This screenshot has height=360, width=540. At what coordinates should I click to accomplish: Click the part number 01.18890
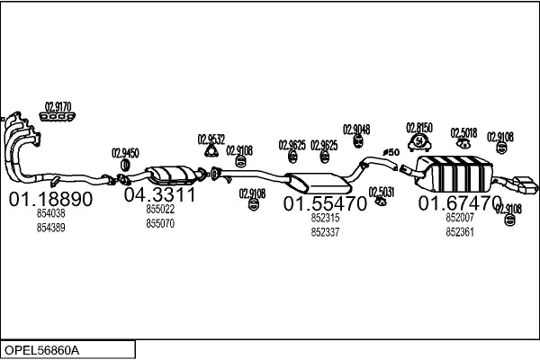coord(50,199)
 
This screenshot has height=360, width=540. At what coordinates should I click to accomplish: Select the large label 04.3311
coord(159,194)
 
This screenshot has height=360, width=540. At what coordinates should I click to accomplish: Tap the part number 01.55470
coord(325,203)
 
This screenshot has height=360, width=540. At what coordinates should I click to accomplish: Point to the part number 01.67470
coord(460,202)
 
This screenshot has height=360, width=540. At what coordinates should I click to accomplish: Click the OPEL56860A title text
coord(41,350)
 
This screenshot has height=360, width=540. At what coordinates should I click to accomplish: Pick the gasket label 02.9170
coord(58,107)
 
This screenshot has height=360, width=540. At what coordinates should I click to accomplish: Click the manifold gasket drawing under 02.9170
coord(58,117)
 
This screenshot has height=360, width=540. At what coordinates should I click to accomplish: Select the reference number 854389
coord(51,228)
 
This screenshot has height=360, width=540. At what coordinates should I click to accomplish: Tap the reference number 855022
coord(160,209)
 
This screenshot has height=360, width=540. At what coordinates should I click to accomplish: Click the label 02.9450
coord(125,153)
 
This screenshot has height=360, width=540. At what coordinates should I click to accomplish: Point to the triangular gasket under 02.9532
coord(211,151)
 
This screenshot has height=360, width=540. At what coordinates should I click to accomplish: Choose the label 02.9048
coord(356,130)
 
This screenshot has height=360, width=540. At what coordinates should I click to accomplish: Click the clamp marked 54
coord(419,142)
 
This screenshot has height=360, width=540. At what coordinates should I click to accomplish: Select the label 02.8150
coord(419,128)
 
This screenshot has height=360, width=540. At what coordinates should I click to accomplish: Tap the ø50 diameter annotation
coord(391,152)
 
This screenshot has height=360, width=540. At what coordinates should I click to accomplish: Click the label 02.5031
coord(382,192)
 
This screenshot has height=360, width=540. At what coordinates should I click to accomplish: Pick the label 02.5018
coord(463,133)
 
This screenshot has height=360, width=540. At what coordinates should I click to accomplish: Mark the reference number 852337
coord(325,232)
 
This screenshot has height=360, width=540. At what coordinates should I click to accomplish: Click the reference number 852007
coord(460,218)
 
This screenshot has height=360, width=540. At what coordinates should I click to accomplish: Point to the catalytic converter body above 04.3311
coord(170,174)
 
